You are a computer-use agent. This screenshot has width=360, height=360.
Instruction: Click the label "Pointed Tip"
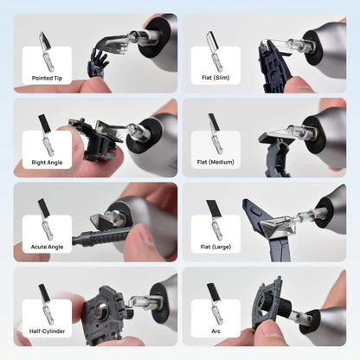pos(47,78)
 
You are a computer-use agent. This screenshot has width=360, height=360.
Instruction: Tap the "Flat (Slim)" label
pos(215,78)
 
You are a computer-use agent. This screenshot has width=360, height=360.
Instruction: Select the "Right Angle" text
pos(47,163)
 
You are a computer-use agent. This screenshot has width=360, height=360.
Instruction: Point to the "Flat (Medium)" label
pos(215,162)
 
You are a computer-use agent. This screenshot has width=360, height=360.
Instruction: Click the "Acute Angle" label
pos(47,247)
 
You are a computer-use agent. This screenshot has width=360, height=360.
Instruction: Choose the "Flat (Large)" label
pos(215,247)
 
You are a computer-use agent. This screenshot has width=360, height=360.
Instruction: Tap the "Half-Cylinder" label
pos(47,331)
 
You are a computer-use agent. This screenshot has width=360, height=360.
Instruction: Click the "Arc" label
pos(215,331)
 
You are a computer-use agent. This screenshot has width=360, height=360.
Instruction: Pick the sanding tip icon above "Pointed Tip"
pos(47,51)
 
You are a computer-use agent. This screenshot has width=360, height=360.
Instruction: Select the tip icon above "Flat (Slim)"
pos(215,51)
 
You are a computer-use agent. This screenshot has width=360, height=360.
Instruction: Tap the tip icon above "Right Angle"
pos(46,135)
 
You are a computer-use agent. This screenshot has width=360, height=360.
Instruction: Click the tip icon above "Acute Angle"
pos(46,219)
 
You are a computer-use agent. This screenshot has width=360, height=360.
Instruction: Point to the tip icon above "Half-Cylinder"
pos(46,304)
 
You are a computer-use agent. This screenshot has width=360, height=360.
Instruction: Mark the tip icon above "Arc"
pos(215,304)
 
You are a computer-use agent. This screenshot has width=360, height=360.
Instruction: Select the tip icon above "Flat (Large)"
pos(215,220)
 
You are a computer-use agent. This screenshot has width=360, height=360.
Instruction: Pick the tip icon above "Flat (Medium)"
pos(215,134)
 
